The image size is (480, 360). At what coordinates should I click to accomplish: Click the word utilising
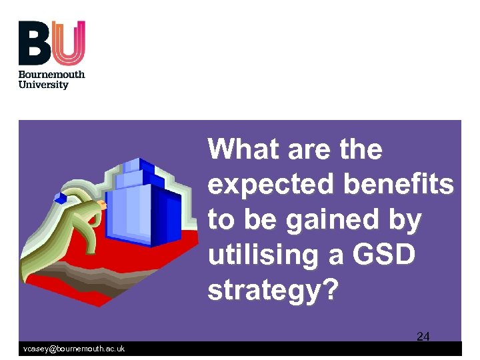pos(263,255)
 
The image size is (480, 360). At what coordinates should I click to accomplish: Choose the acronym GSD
pos(389,255)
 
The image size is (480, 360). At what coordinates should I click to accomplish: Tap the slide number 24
pos(423,336)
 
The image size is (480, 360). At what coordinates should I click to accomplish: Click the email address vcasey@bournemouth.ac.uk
pos(74,349)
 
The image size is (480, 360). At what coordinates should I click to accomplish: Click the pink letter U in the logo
pos(69,43)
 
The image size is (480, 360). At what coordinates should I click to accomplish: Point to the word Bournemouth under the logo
pos(51,74)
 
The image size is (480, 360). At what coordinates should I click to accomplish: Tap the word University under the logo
pos(43,85)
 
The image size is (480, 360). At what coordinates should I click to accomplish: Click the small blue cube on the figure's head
pos(61,198)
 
